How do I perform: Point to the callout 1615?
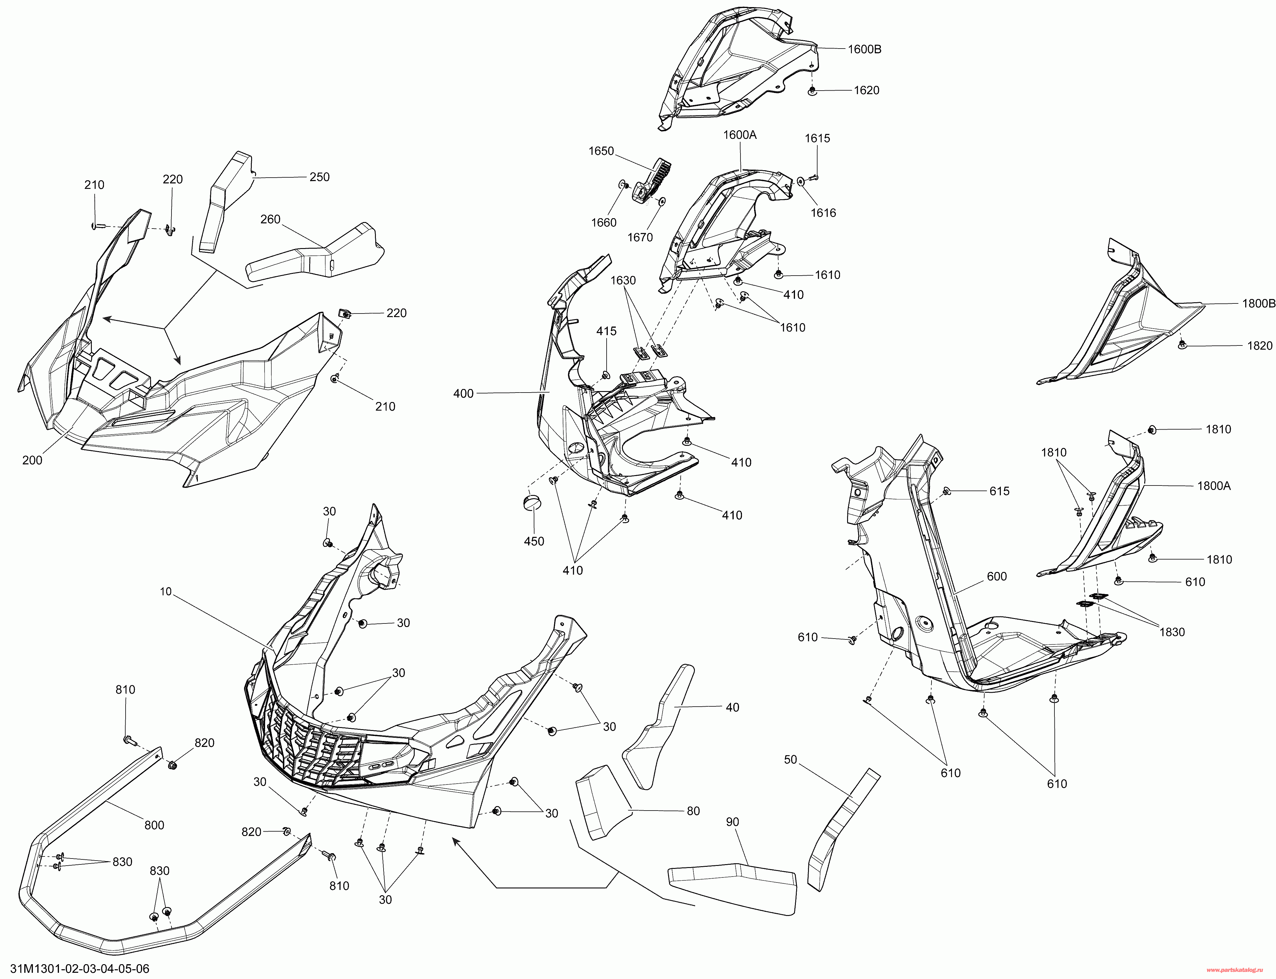tap(817, 139)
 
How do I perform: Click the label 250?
tap(319, 177)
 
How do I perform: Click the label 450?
tap(534, 541)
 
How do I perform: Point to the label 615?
tap(999, 491)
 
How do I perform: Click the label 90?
tap(732, 822)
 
